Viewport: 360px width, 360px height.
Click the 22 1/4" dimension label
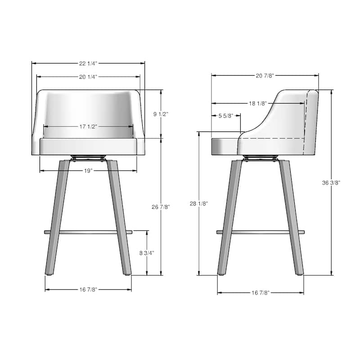point(88,63)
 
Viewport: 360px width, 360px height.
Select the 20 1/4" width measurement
point(88,76)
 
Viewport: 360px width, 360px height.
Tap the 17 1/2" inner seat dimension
point(88,126)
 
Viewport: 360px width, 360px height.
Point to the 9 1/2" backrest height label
point(161,114)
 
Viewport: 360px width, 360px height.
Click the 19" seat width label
point(88,171)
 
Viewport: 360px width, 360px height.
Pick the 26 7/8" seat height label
point(161,207)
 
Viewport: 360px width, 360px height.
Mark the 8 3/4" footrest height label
point(147,253)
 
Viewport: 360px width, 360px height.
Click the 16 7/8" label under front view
point(88,289)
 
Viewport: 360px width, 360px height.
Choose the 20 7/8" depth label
point(265,76)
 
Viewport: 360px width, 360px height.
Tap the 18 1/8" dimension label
point(258,103)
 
